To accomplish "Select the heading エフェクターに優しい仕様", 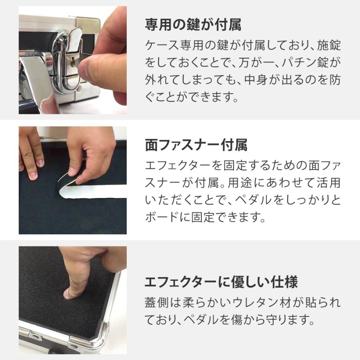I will [x=221, y=282].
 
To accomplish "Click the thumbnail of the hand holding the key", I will [x=72, y=60].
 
